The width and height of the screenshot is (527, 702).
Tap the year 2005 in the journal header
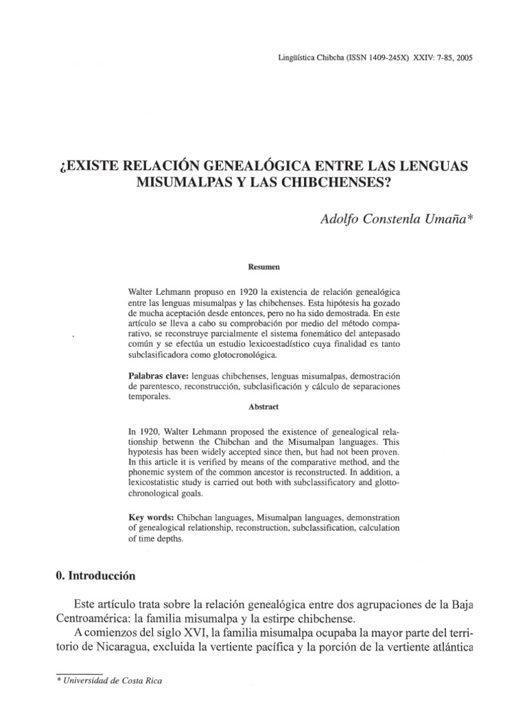coord(463,58)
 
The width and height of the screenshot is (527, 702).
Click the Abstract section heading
coord(264,407)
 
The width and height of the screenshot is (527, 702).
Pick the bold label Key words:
coord(150,516)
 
